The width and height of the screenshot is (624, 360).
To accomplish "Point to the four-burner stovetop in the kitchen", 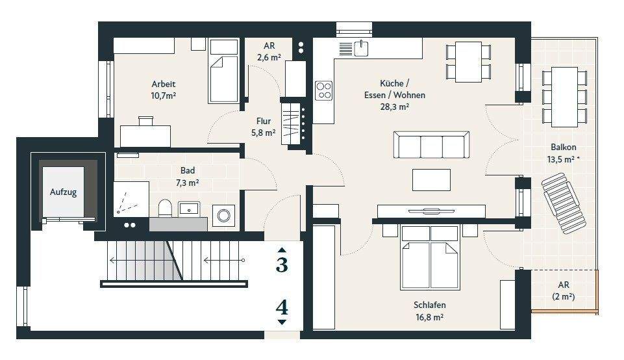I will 323,90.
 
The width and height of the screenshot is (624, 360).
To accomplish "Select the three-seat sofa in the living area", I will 432,146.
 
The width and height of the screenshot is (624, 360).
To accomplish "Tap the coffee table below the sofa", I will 432,179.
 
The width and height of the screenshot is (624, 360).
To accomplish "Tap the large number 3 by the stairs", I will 282,265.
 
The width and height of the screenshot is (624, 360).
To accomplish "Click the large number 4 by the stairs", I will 282,307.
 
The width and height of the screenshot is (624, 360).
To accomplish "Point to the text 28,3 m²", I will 394,107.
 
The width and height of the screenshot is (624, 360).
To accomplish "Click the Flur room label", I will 264,120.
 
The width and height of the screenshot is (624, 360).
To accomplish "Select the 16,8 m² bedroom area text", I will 429,317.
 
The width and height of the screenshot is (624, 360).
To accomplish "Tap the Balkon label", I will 564,147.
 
